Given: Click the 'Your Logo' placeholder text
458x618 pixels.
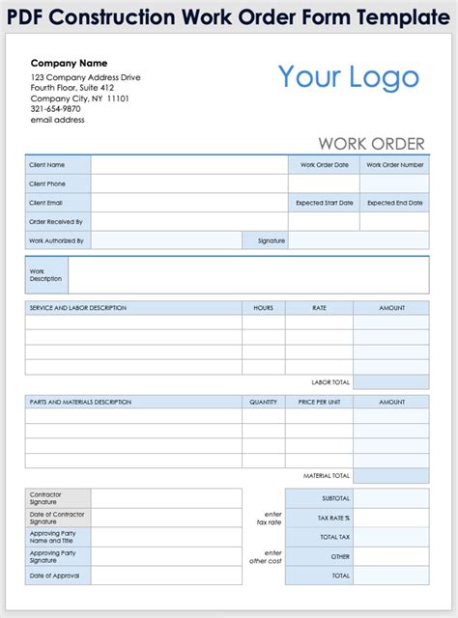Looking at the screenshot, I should (349, 77).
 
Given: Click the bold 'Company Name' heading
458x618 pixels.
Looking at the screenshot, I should (69, 63).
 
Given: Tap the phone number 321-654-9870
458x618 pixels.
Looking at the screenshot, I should (57, 109).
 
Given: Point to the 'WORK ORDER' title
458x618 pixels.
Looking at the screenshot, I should (371, 144).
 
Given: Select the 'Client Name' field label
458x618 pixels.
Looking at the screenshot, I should (47, 165).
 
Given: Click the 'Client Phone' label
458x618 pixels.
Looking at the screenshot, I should (48, 183).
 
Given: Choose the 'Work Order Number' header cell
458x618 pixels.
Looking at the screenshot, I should (394, 165).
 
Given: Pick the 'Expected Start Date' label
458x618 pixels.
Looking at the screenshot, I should (324, 203).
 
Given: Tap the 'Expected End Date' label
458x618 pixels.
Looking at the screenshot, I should (394, 203).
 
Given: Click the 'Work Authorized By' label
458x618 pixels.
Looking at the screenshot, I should (57, 240).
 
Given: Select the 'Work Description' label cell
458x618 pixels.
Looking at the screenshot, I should (46, 275).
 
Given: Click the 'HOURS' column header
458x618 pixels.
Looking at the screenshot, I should (263, 308).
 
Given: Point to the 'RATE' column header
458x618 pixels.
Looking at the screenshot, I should (319, 308).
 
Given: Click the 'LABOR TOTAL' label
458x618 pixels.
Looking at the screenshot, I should (329, 382).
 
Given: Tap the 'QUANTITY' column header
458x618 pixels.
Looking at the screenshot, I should (263, 402).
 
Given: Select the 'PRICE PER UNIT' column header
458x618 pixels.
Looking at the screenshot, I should (319, 402).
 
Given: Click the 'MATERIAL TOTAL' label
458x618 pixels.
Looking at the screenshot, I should (327, 476).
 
